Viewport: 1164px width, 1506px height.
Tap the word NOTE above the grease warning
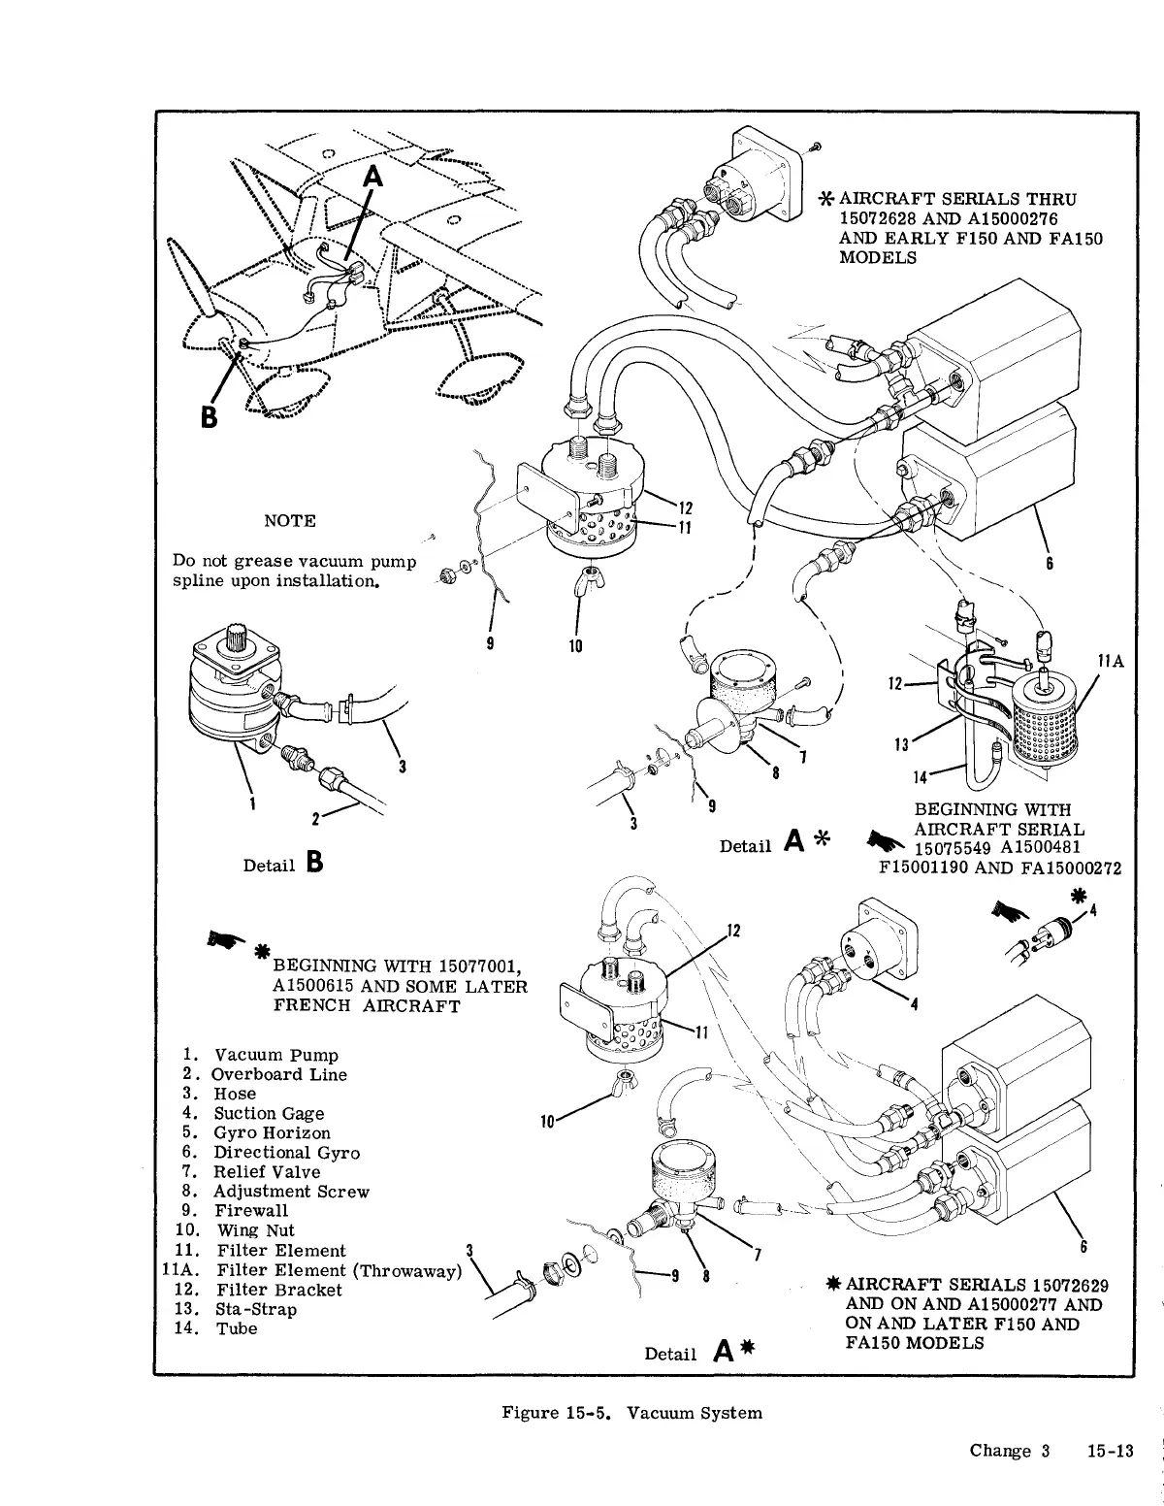pyautogui.click(x=290, y=521)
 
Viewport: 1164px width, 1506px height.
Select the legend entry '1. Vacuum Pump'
pyautogui.click(x=261, y=1055)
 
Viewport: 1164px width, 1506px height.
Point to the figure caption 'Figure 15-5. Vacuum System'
pyautogui.click(x=631, y=1413)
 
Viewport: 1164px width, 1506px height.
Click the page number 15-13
pyautogui.click(x=1111, y=1452)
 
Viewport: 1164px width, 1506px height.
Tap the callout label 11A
pyautogui.click(x=1110, y=661)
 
